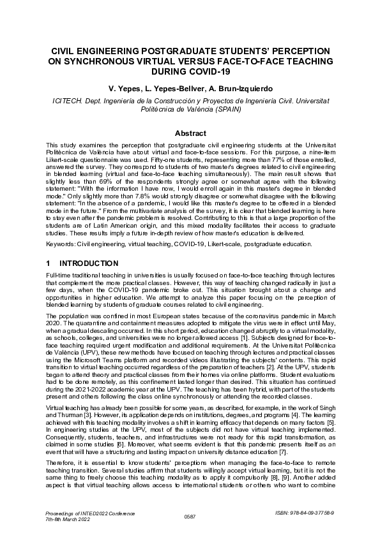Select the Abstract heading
[190, 133]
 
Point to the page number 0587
[190, 516]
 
